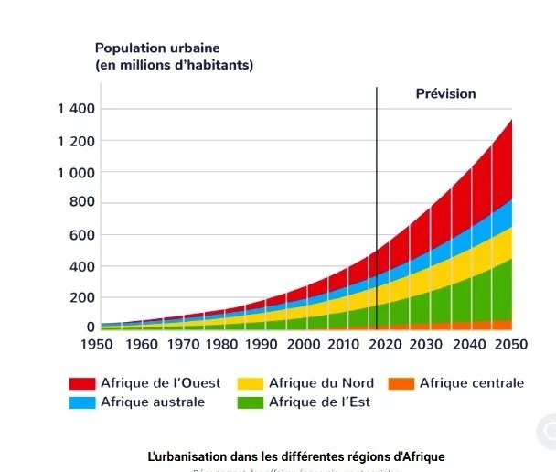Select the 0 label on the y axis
click(91, 327)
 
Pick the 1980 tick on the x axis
click(221, 345)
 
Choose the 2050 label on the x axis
click(511, 345)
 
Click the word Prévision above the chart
click(446, 93)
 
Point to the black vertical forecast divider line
click(377, 183)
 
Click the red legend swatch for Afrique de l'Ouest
click(82, 383)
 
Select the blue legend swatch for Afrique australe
click(82, 402)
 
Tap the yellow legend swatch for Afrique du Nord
click(250, 383)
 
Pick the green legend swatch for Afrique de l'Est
click(250, 402)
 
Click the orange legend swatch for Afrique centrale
click(401, 383)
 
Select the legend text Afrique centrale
click(472, 383)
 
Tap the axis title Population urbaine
click(157, 48)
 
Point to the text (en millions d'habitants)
click(174, 65)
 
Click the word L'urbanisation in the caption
click(182, 455)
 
